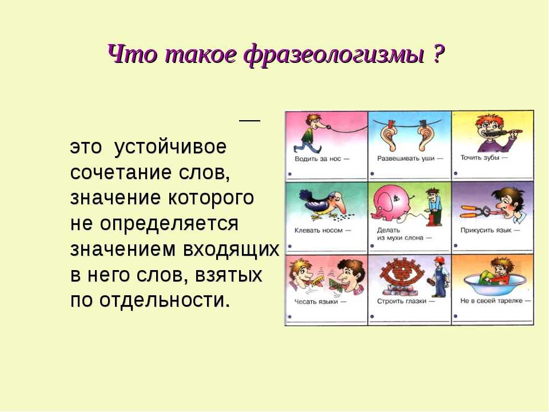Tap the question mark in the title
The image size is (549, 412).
(439, 53)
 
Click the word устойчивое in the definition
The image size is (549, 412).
(170, 147)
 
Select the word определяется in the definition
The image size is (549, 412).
(169, 224)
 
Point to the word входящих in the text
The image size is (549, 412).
(231, 249)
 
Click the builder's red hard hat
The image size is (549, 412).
(439, 260)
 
